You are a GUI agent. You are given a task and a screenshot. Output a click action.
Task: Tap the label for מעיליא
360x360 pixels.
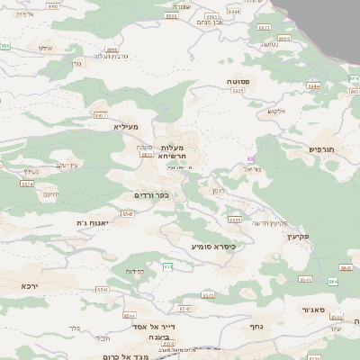pos(125,128)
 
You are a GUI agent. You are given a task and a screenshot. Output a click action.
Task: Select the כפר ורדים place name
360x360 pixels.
pos(150,194)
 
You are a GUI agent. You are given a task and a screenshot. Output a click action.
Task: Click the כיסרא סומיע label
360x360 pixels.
pos(212,245)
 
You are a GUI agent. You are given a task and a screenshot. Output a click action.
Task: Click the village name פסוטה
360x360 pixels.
pos(238,81)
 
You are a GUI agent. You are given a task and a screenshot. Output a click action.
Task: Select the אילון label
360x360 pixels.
pos(45,47)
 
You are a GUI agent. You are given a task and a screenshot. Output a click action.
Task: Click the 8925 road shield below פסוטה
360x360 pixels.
pos(238,91)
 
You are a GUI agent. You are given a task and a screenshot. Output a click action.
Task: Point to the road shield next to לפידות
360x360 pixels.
pos(166,266)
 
